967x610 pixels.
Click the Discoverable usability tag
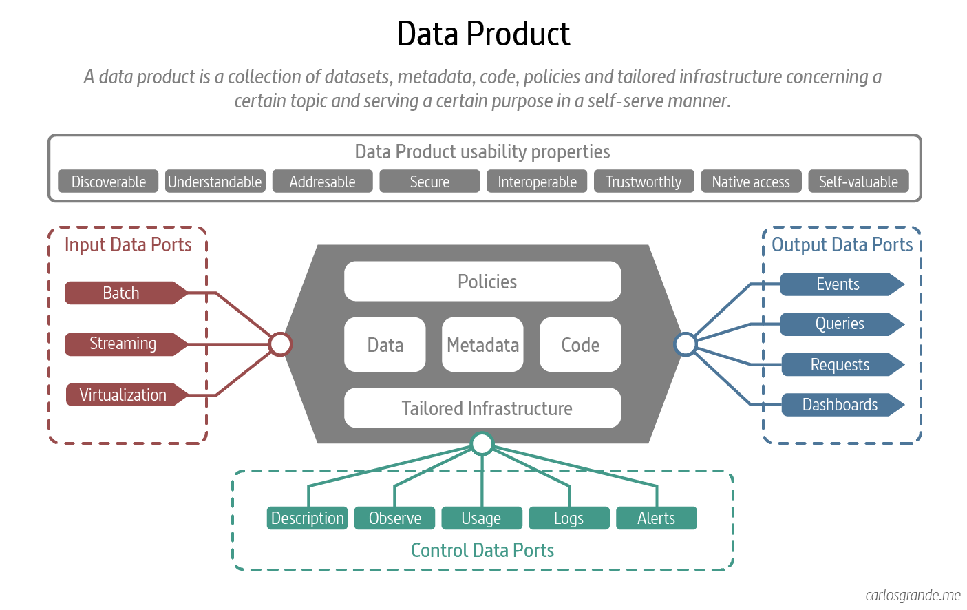pyautogui.click(x=108, y=182)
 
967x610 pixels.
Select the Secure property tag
pyautogui.click(x=429, y=182)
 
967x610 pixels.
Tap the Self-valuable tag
pyautogui.click(x=858, y=182)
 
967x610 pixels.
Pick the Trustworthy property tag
pyautogui.click(x=644, y=182)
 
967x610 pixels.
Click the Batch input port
pyautogui.click(x=122, y=293)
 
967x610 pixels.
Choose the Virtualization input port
pyautogui.click(x=123, y=395)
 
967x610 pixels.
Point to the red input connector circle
pyautogui.click(x=280, y=344)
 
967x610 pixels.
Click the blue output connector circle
pyautogui.click(x=686, y=344)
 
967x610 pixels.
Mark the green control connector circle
pyautogui.click(x=482, y=444)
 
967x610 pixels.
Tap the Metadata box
pyautogui.click(x=482, y=344)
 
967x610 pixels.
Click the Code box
pyautogui.click(x=580, y=344)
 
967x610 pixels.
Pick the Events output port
pyautogui.click(x=838, y=284)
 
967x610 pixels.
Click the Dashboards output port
pyautogui.click(x=840, y=405)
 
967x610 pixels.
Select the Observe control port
pyautogui.click(x=394, y=518)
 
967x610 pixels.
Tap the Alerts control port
pyautogui.click(x=656, y=518)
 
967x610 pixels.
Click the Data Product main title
pyautogui.click(x=483, y=34)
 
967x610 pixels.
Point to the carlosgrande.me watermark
pyautogui.click(x=913, y=595)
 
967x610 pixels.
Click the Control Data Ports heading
pyautogui.click(x=482, y=550)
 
